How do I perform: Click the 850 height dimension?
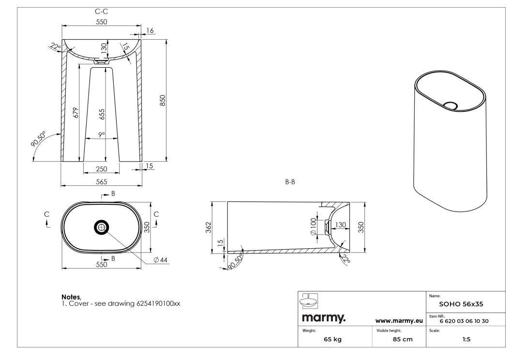click(x=163, y=101)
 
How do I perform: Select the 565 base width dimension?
click(x=102, y=182)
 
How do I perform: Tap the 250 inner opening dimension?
click(x=102, y=169)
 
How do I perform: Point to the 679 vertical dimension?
click(x=75, y=113)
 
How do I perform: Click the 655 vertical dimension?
click(x=102, y=114)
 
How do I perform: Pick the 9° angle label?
click(x=102, y=135)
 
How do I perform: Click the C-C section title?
click(x=101, y=12)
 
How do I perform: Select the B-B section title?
click(x=290, y=182)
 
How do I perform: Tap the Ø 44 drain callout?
click(x=160, y=260)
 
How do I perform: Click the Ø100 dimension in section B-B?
click(x=313, y=226)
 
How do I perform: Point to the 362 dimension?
click(x=209, y=227)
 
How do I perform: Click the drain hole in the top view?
click(x=101, y=227)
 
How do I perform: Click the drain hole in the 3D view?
click(x=450, y=105)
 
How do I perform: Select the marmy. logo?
click(x=323, y=317)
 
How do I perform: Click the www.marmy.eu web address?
click(x=399, y=321)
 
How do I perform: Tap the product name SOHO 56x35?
click(x=461, y=304)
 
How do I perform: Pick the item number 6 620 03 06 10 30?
click(x=464, y=321)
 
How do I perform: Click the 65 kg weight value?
click(x=332, y=339)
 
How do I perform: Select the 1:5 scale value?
click(x=466, y=339)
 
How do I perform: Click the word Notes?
click(x=71, y=297)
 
